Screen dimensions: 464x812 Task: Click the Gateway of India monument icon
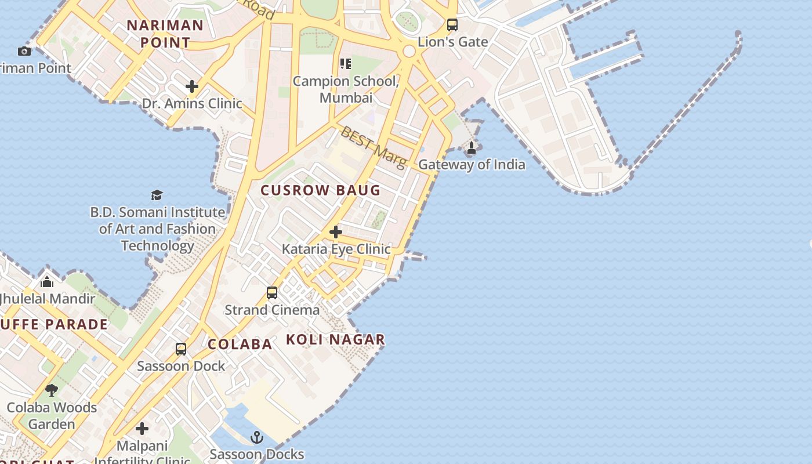click(x=472, y=148)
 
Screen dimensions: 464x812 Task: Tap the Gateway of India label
click(x=472, y=165)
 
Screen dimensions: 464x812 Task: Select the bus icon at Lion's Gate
click(x=452, y=25)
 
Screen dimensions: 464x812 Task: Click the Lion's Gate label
click(x=453, y=42)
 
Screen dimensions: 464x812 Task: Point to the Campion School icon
click(x=345, y=63)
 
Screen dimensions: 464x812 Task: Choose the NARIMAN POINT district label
click(x=165, y=34)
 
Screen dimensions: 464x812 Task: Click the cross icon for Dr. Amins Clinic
click(x=192, y=87)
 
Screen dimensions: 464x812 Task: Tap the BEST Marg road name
click(x=374, y=147)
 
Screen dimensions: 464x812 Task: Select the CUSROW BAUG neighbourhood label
click(x=320, y=190)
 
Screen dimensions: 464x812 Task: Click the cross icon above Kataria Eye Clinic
click(x=335, y=232)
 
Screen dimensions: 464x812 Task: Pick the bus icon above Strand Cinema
click(x=272, y=293)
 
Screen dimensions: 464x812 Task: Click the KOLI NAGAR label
click(x=336, y=340)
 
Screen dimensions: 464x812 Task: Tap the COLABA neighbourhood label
click(x=240, y=344)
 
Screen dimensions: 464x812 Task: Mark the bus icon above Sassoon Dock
click(x=181, y=349)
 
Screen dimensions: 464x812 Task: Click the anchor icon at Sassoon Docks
click(x=257, y=437)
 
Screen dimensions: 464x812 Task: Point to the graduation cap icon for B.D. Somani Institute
click(x=157, y=195)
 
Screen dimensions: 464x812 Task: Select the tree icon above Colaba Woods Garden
click(x=52, y=390)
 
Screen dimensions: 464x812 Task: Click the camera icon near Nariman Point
click(x=24, y=51)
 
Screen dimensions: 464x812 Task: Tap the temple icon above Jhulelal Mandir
click(x=47, y=282)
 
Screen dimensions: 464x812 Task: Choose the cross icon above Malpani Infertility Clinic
click(x=142, y=429)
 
